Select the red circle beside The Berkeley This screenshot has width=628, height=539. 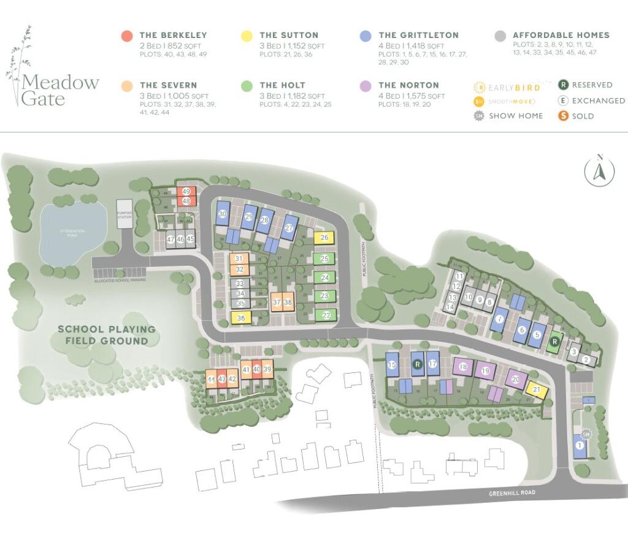click(127, 36)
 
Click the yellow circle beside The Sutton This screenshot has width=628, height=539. click(247, 36)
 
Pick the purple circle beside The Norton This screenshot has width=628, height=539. click(366, 86)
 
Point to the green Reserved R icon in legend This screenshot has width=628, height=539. click(564, 85)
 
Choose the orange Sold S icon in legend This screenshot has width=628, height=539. click(564, 116)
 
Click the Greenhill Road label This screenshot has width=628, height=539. click(514, 493)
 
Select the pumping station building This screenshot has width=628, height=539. click(124, 214)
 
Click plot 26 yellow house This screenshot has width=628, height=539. click(324, 238)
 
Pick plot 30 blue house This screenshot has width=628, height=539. click(223, 214)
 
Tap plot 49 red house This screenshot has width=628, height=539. click(186, 192)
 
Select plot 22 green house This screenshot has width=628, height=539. click(326, 315)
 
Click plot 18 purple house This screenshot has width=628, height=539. click(462, 367)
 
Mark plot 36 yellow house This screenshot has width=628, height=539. click(241, 318)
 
